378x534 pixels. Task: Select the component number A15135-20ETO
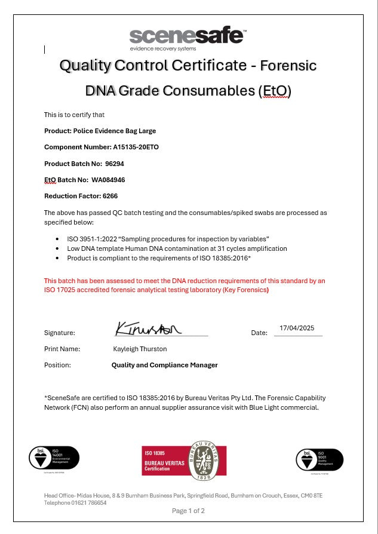136,147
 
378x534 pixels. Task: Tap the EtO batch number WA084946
108,179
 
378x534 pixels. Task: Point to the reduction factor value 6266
110,195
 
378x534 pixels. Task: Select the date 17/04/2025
297,328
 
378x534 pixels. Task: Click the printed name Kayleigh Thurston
140,348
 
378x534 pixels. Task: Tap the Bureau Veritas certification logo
184,461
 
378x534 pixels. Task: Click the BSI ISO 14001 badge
54,458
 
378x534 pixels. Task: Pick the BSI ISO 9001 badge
319,459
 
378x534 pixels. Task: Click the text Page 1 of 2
188,511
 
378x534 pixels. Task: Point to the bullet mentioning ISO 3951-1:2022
168,238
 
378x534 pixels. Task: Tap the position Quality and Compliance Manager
165,365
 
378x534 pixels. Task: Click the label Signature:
60,333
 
